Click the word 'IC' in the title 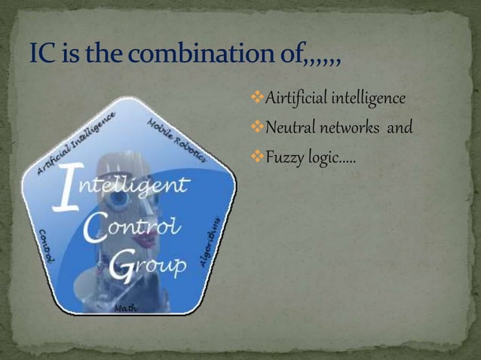42,56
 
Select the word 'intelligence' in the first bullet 374,99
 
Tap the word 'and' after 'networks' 400,128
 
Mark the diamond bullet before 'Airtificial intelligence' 253,99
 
